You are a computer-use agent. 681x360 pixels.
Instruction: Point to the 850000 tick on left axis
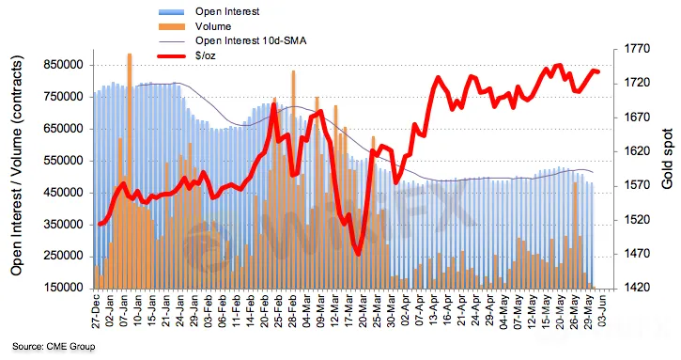[x=64, y=65]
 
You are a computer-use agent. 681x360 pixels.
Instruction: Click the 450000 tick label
[x=64, y=193]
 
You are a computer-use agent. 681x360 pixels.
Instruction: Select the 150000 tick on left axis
[x=64, y=288]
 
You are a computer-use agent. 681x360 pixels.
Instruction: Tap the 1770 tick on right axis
[x=638, y=49]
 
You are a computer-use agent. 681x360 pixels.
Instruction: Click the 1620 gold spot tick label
[x=638, y=151]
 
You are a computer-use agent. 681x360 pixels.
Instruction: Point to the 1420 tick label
[x=638, y=288]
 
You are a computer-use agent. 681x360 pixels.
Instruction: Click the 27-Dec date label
[x=97, y=312]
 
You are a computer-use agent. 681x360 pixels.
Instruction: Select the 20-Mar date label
[x=364, y=312]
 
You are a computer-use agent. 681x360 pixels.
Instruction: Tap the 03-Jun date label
[x=603, y=311]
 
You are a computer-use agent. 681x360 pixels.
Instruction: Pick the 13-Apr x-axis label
[x=434, y=312]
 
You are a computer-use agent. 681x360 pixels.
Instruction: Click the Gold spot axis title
[x=667, y=159]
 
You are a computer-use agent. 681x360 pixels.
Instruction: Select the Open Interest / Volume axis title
[x=16, y=165]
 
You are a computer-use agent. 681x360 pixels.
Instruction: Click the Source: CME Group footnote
[x=53, y=347]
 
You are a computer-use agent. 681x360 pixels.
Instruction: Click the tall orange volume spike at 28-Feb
[x=294, y=180]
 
